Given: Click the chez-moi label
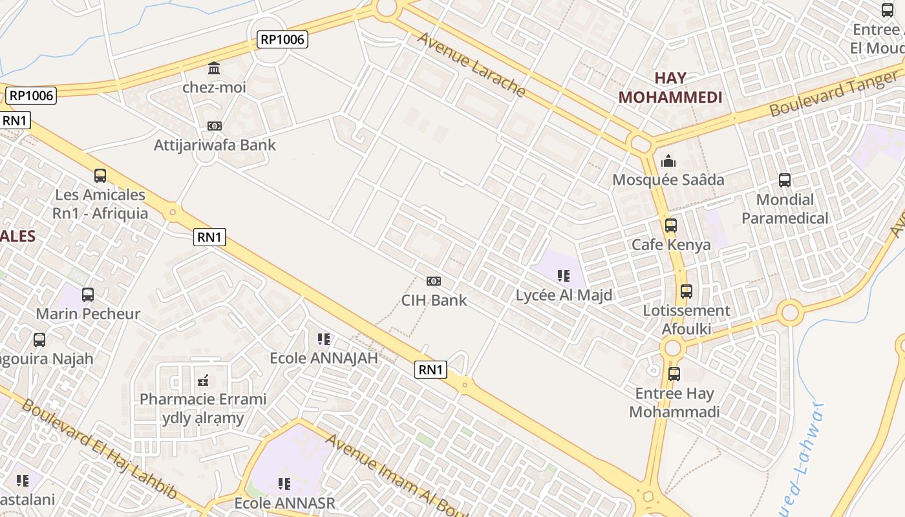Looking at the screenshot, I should coord(214,87).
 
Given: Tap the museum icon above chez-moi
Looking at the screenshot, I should coord(214,69).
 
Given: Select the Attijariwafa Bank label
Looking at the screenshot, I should coord(215,145).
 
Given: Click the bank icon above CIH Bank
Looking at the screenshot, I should coord(434,281).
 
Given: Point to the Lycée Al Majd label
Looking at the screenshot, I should coord(564,296).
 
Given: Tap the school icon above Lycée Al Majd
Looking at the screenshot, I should coord(564,277).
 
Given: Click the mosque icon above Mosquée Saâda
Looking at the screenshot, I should coord(668,160).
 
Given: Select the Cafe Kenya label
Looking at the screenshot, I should coord(671,245).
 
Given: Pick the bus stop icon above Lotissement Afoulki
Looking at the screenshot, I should coord(687,291).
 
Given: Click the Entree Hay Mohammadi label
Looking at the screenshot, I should coord(674,403).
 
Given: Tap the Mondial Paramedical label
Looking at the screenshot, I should coord(785,209).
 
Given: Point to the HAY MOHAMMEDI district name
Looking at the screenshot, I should coord(670,88).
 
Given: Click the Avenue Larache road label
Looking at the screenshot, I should coord(471,64).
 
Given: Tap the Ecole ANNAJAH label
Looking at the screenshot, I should coord(324,358).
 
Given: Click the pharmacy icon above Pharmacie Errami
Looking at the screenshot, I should coord(203,380).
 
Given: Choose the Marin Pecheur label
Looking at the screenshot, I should coord(88,314).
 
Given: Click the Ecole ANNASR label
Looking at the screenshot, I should coord(284,503).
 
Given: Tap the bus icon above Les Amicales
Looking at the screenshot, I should coord(100,175).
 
